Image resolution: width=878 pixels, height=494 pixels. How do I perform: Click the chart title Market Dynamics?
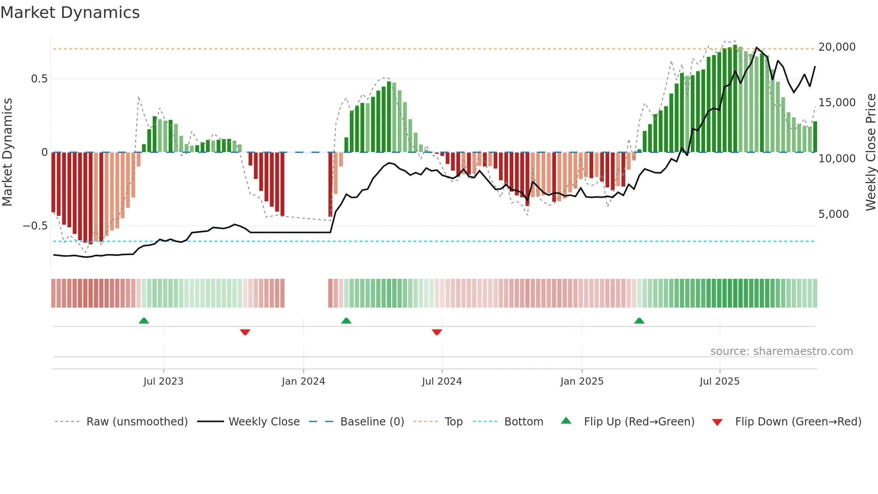(70, 13)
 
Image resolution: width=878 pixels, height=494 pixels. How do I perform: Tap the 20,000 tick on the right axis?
(836, 47)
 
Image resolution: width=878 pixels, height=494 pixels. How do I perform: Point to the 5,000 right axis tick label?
(833, 214)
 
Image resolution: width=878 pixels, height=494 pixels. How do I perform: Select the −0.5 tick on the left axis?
(35, 225)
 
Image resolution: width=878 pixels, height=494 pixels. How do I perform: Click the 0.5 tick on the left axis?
(39, 79)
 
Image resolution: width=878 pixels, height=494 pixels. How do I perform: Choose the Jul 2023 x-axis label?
(164, 381)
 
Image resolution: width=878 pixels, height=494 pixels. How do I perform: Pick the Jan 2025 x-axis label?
(581, 381)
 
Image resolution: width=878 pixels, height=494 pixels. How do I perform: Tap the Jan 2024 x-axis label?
(303, 381)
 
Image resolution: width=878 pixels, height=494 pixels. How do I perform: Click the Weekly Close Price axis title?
(870, 152)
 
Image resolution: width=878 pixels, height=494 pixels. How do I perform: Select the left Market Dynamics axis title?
(7, 152)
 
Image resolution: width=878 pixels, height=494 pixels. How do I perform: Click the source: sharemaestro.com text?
(781, 351)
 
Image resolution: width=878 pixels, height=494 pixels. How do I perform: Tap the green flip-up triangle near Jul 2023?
(144, 321)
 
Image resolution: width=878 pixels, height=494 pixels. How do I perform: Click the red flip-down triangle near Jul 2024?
(437, 332)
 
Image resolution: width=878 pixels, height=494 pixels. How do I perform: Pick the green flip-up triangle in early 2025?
(639, 321)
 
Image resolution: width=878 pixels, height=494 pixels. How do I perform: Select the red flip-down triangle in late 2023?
(245, 332)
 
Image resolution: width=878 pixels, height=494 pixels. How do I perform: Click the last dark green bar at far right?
(815, 137)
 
